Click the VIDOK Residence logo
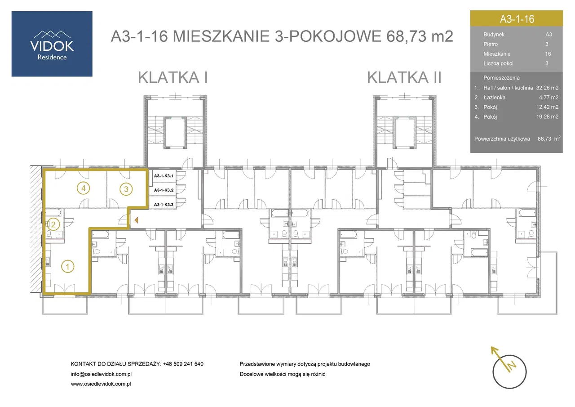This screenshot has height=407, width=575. click(x=52, y=44)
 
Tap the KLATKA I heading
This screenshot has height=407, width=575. click(x=173, y=77)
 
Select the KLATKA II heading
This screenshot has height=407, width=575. click(x=404, y=77)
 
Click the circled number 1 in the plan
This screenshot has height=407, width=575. click(x=68, y=266)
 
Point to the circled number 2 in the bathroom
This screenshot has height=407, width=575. click(x=53, y=224)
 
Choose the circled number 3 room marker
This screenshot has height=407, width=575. click(x=126, y=189)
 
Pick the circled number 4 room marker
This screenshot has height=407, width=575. click(x=84, y=188)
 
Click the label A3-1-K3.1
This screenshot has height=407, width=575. click(x=164, y=176)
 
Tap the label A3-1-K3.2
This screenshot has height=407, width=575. click(x=164, y=190)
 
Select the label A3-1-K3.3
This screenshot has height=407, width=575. click(x=164, y=205)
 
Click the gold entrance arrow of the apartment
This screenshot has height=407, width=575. click(x=136, y=220)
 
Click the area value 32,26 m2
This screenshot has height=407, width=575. click(x=547, y=88)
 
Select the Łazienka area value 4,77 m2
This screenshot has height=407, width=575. click(x=548, y=98)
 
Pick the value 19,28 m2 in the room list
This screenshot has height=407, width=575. click(x=547, y=116)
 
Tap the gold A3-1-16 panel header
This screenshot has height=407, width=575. click(x=517, y=18)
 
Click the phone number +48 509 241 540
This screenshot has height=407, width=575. click(x=183, y=364)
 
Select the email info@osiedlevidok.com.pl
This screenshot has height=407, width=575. click(x=101, y=374)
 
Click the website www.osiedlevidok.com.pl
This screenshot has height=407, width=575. click(x=101, y=384)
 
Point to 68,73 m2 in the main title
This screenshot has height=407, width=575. click(x=420, y=36)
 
